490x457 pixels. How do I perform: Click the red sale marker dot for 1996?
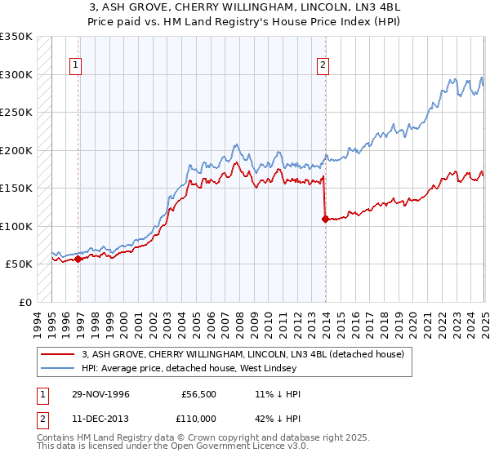[x=78, y=259]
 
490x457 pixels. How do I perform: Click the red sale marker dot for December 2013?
[x=325, y=219]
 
